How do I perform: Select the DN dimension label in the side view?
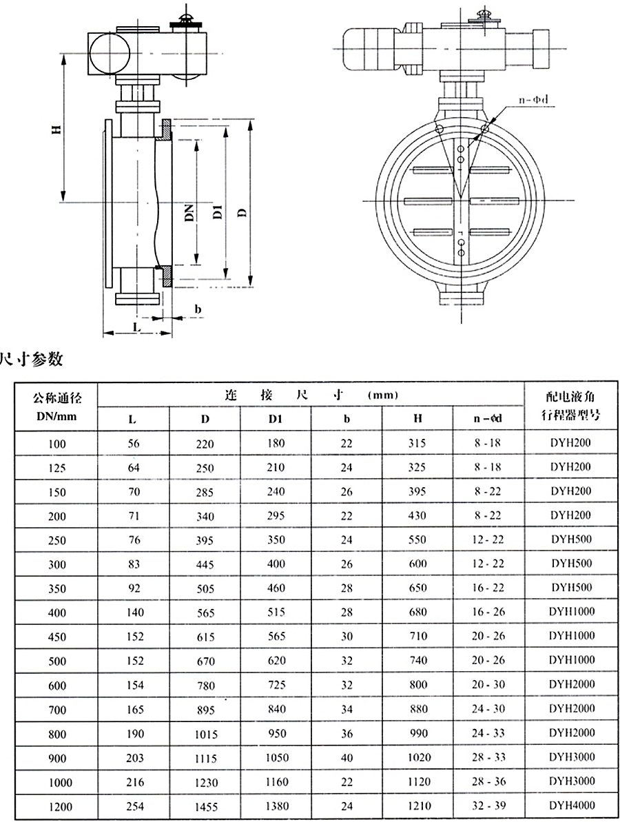tap(188, 213)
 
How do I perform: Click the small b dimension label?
tap(198, 309)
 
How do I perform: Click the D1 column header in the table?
tap(276, 419)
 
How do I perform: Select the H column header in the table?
tap(417, 419)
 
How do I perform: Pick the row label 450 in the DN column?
tap(58, 637)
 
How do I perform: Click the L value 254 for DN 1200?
tap(134, 805)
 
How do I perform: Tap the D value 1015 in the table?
tap(205, 732)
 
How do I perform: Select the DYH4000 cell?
tap(572, 805)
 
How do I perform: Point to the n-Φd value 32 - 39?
tap(488, 805)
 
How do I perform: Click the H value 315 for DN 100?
tap(417, 444)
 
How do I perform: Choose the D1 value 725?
tap(276, 685)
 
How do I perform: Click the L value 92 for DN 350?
tap(134, 588)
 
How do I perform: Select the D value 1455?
tap(205, 805)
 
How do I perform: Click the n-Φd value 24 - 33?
tap(488, 733)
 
